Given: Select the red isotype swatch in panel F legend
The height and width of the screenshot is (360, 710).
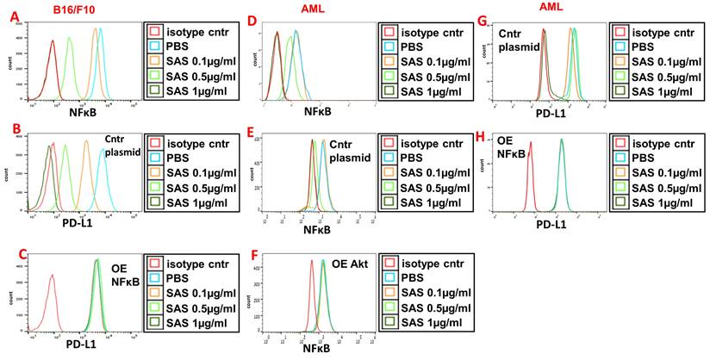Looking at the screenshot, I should (389, 264).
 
